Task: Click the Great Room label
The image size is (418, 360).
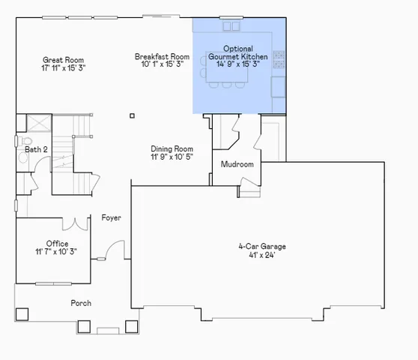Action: click(63, 60)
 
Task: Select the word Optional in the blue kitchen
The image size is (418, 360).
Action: click(237, 49)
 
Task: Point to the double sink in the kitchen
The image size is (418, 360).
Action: click(231, 27)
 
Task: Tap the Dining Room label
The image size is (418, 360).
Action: click(172, 148)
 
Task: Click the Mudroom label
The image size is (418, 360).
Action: click(237, 164)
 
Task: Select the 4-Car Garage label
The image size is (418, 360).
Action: click(262, 246)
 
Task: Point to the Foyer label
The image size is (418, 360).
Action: click(112, 218)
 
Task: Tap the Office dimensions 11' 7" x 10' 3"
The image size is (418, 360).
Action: click(56, 252)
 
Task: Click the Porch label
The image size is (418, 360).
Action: click(81, 303)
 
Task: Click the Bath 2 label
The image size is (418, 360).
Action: click(36, 150)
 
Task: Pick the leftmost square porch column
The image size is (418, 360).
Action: click(22, 313)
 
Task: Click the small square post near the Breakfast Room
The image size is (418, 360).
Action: click(132, 115)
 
